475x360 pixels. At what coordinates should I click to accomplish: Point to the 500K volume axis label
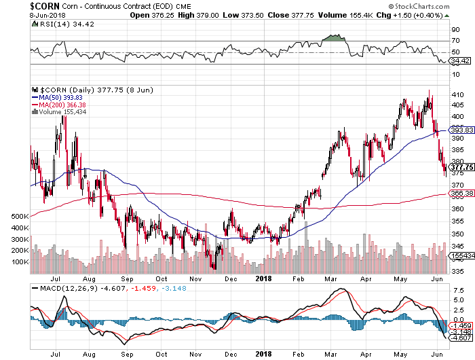pyautogui.click(x=19, y=216)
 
